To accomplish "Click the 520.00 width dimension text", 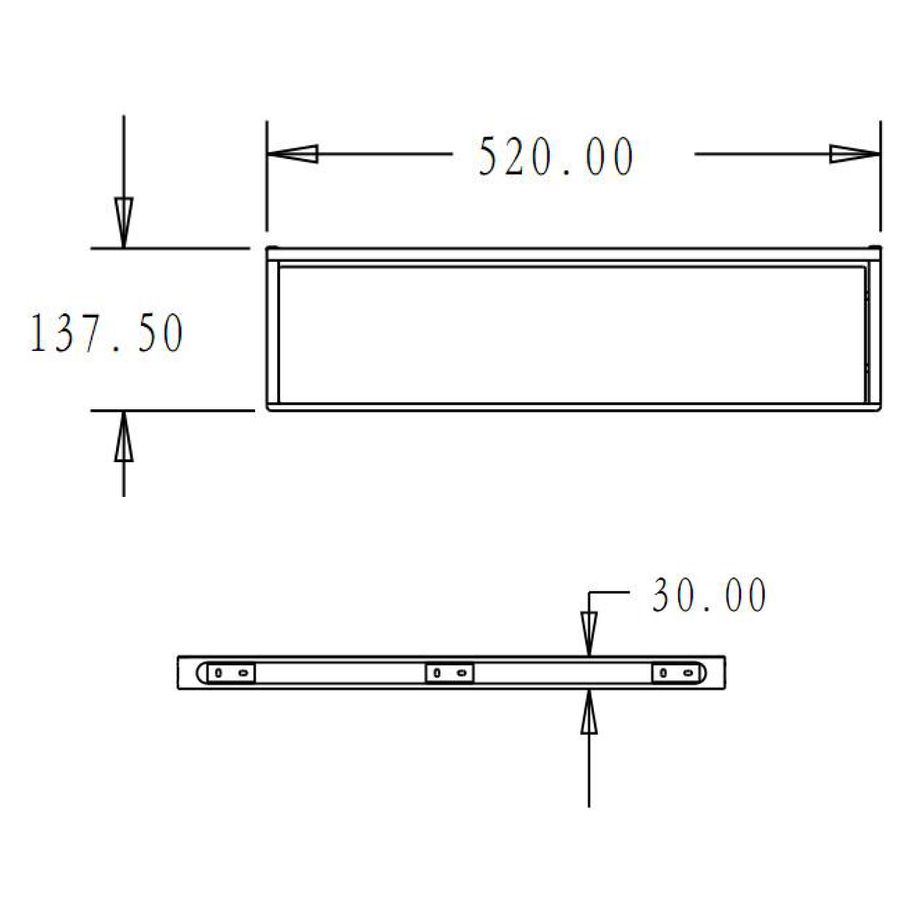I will (x=556, y=157).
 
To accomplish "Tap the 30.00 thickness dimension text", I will (x=709, y=595).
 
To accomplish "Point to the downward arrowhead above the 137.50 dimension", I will (x=123, y=220).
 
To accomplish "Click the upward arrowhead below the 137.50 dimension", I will (x=123, y=438).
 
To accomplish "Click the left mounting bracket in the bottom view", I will (x=231, y=673).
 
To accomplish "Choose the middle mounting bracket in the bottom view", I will (x=449, y=673).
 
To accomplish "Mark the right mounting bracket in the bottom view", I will (x=676, y=673).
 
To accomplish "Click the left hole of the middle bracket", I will (x=437, y=673).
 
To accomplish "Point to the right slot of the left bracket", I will (x=243, y=673).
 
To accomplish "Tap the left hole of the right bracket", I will (x=664, y=673).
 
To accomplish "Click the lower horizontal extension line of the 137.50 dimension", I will (x=171, y=410).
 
